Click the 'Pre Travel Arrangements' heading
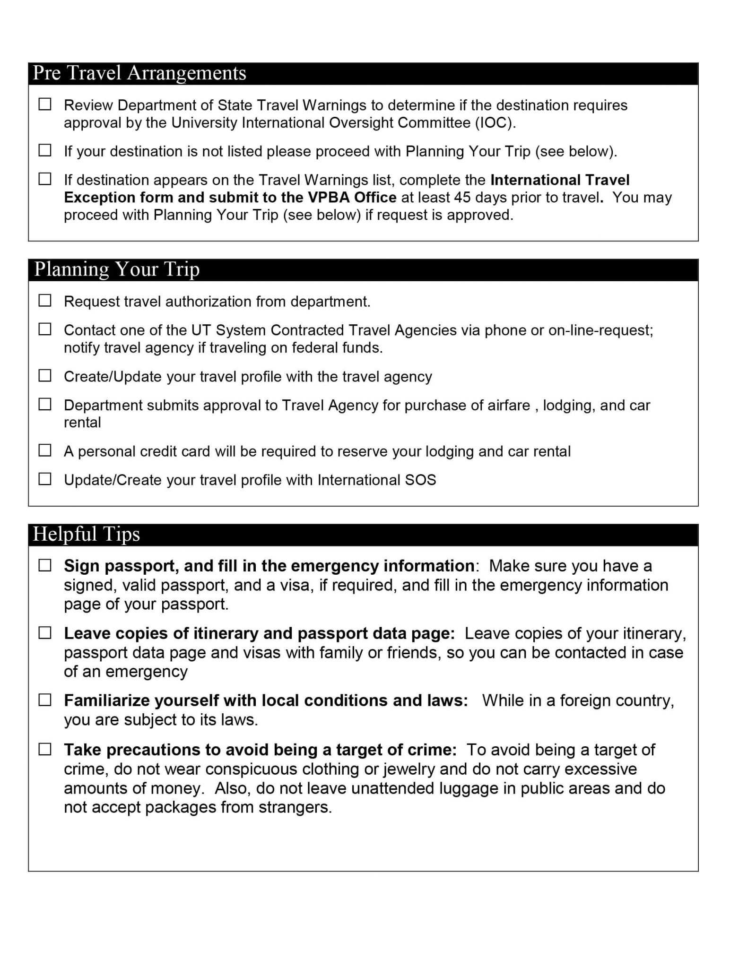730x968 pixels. pyautogui.click(x=139, y=73)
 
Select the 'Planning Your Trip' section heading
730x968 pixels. pyautogui.click(x=117, y=269)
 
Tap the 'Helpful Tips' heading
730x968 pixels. pyautogui.click(x=87, y=534)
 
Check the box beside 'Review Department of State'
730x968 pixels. pyautogui.click(x=45, y=104)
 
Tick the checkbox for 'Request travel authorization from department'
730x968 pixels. pyautogui.click(x=45, y=301)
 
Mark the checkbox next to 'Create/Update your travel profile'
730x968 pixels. pyautogui.click(x=45, y=376)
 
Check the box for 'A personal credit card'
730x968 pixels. pyautogui.click(x=45, y=450)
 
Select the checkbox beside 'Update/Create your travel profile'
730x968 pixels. pyautogui.click(x=45, y=479)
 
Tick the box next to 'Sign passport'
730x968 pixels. pyautogui.click(x=45, y=565)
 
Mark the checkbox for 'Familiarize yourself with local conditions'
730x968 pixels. pyautogui.click(x=45, y=700)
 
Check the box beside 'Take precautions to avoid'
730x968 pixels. pyautogui.click(x=45, y=749)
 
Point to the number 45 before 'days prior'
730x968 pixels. pyautogui.click(x=462, y=198)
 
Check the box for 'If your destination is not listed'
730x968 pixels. pyautogui.click(x=45, y=150)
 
